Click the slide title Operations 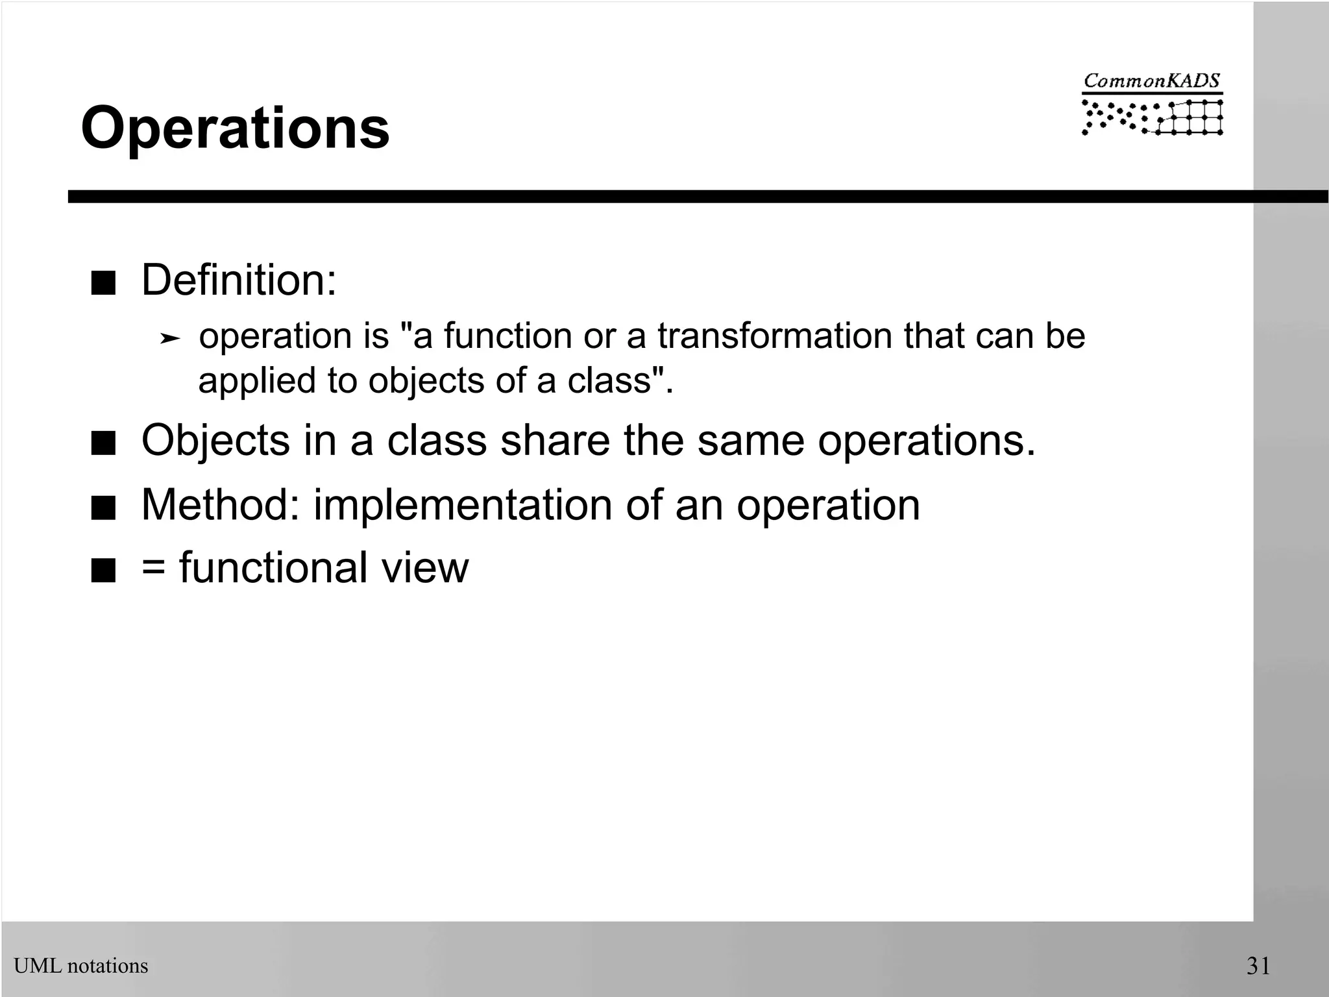(235, 128)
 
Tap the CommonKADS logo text (1152, 81)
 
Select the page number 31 (1258, 966)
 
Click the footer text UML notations (81, 966)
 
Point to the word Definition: (239, 280)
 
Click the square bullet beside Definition (103, 284)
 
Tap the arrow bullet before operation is (169, 338)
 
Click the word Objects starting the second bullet (215, 441)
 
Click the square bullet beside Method (103, 508)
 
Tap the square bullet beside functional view (103, 572)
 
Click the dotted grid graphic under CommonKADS (1152, 117)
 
